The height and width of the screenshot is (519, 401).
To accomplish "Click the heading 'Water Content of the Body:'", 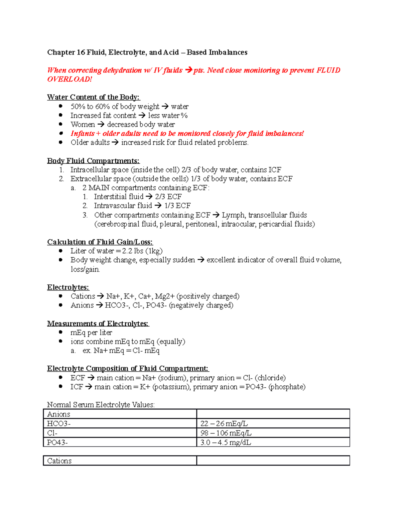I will coord(93,97).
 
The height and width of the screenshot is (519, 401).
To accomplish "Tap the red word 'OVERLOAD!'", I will coord(69,79).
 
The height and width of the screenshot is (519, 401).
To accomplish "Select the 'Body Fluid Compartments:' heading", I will coord(93,161).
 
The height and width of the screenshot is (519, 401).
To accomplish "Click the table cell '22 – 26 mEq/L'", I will coord(224,423).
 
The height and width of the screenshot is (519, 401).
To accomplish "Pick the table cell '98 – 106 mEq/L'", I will coord(226,433).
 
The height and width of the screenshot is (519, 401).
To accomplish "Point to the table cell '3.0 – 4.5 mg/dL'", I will coord(226,442).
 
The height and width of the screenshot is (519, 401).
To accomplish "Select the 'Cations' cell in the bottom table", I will coord(59,461).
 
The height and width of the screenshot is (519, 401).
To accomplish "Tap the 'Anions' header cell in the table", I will coord(58,414).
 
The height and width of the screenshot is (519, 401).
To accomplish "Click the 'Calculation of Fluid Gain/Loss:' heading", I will coord(100,242).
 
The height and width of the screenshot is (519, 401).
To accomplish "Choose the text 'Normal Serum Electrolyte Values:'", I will coord(101,405).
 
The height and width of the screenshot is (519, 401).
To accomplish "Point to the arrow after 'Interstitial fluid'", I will coord(149,197).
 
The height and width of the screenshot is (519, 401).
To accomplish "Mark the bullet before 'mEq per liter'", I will coord(60,332).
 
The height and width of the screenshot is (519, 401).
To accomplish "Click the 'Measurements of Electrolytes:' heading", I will coord(98,323).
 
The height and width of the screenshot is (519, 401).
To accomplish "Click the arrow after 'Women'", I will coord(101,124).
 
